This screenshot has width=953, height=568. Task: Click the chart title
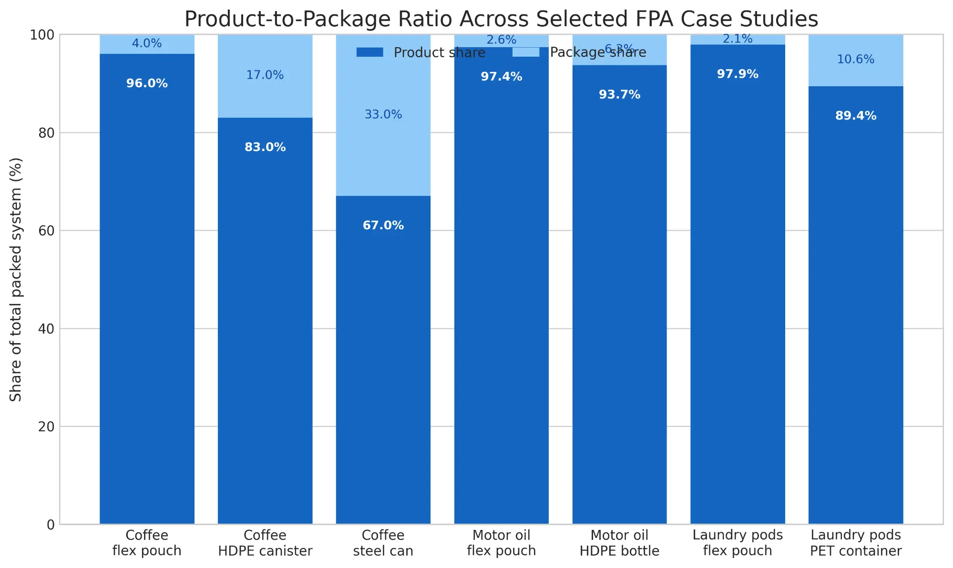click(501, 19)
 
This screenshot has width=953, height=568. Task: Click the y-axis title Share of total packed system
click(16, 279)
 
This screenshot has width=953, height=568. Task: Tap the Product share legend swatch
click(369, 52)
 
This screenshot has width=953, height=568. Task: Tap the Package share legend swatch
click(525, 52)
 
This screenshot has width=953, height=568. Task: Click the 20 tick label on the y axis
click(46, 426)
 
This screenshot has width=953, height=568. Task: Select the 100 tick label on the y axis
click(42, 35)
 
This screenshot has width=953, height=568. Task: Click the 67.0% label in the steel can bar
click(383, 225)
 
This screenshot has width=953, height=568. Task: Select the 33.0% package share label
click(383, 114)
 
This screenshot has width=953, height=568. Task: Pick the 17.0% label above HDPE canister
click(265, 75)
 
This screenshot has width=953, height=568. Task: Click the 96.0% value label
click(147, 83)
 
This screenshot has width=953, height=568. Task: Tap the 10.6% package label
click(856, 60)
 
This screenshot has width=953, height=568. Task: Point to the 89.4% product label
click(856, 116)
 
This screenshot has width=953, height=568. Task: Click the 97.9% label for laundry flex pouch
click(738, 74)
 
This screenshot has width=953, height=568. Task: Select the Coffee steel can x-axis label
click(383, 543)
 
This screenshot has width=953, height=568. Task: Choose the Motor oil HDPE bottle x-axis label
click(619, 543)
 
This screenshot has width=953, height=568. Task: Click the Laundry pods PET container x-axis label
click(856, 543)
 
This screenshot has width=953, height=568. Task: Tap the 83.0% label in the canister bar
click(265, 147)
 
